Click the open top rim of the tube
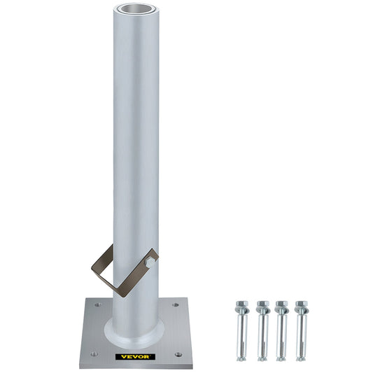134,8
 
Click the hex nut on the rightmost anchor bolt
301,307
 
